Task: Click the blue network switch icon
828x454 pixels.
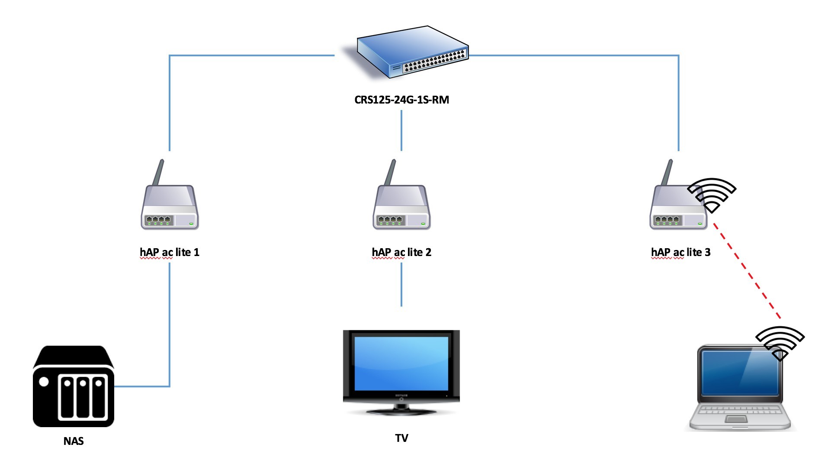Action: click(412, 52)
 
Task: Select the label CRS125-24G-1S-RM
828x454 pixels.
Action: click(401, 100)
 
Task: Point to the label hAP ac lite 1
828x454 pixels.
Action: click(170, 253)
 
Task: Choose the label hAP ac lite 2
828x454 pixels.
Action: click(401, 253)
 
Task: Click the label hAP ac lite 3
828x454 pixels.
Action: click(681, 253)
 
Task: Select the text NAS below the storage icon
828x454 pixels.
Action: click(74, 441)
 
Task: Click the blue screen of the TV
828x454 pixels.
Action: click(401, 363)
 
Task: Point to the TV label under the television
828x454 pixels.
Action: click(401, 438)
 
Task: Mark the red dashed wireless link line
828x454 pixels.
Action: click(747, 271)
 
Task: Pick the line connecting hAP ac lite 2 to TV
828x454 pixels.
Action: click(401, 285)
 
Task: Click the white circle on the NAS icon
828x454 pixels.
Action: click(44, 382)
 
